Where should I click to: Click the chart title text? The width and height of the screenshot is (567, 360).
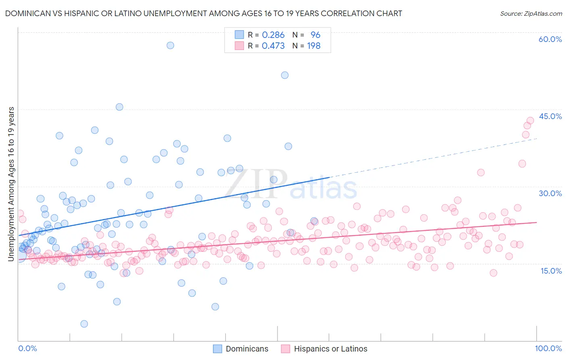pos(204,13)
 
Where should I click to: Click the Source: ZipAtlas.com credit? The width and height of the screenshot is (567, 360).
pos(531,13)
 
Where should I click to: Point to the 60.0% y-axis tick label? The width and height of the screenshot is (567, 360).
pos(550,39)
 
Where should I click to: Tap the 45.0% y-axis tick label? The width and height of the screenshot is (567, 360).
pos(550,116)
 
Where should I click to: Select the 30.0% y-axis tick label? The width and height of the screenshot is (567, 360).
pos(550,193)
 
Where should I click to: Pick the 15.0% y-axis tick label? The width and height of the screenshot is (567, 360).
pos(551,271)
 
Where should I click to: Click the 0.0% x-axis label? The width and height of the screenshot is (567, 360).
pos(27,348)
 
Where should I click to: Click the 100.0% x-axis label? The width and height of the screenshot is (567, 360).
pos(548,348)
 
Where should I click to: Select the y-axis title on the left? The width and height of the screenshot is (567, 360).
pos(11,184)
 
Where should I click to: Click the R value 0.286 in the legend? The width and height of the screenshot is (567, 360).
pos(273,35)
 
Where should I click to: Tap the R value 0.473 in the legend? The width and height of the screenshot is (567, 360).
pos(273,46)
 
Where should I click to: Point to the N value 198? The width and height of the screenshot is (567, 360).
pos(314,46)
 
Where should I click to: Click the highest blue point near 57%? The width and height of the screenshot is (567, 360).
pos(170,45)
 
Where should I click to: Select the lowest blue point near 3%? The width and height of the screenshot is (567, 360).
pos(84,324)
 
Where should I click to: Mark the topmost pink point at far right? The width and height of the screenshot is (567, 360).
pos(530,120)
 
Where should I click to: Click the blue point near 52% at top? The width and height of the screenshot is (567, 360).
pos(285,75)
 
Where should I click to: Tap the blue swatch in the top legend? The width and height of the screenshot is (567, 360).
pos(239,35)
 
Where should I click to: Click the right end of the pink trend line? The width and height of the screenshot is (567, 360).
pos(536,222)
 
